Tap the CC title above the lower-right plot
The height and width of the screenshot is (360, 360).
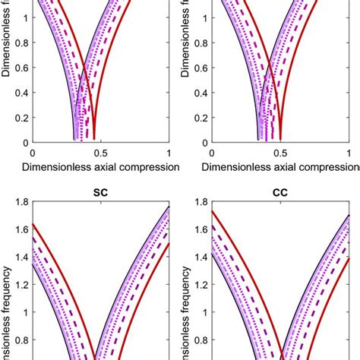(x=281, y=193)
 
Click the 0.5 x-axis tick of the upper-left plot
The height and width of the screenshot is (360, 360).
(x=96, y=152)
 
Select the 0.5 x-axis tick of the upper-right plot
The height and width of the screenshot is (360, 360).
(x=281, y=152)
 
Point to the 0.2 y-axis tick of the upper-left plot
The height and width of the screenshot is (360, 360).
(x=14, y=117)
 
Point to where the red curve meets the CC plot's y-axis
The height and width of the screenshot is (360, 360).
(x=211, y=212)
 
